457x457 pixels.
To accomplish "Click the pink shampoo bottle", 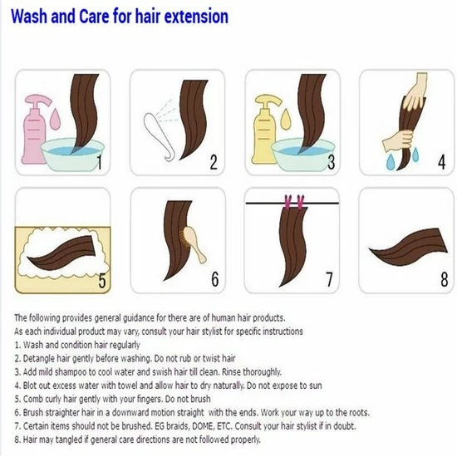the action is click(33, 131).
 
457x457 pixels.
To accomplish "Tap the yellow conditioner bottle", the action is click(263, 131).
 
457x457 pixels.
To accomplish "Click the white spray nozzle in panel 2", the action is click(159, 136).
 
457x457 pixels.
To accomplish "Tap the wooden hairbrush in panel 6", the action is click(193, 243).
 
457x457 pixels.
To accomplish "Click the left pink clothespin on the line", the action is click(288, 202).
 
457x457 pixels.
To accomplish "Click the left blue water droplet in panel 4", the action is click(390, 162).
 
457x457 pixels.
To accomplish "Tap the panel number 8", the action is click(445, 279).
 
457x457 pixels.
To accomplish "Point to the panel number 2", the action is click(214, 162).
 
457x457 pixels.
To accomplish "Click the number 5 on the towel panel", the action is click(102, 281).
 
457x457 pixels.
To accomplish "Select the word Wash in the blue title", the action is click(29, 17).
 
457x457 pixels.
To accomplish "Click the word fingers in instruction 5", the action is click(147, 400).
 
